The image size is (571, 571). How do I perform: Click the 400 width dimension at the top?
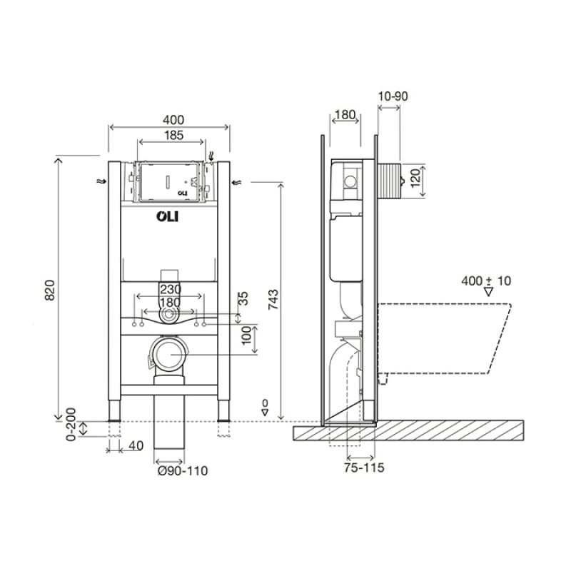[173, 119]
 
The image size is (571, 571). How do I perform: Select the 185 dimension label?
[173, 135]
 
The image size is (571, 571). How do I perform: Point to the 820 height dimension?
[49, 290]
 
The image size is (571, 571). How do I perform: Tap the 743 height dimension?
[273, 299]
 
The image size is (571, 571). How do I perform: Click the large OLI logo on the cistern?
[168, 217]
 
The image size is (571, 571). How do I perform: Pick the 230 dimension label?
[171, 289]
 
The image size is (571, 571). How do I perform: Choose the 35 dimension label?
[243, 298]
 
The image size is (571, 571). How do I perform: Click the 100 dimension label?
[246, 335]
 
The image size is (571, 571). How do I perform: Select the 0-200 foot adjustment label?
[71, 424]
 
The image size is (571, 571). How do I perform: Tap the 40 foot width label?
[136, 445]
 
